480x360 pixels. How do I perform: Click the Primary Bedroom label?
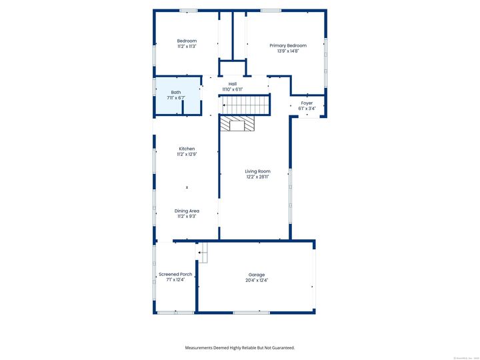click(287, 45)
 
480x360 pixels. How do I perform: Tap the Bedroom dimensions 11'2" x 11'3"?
click(187, 47)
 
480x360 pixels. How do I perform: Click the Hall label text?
click(232, 84)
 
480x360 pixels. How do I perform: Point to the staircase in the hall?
click(244, 105)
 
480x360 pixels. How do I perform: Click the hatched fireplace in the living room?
click(238, 124)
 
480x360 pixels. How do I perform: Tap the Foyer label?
click(307, 103)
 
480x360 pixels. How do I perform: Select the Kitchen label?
click(187, 148)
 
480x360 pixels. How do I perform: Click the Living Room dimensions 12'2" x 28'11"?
click(257, 177)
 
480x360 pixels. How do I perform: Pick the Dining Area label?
click(187, 211)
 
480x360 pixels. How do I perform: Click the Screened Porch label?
click(175, 274)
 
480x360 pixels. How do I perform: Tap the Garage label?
click(257, 275)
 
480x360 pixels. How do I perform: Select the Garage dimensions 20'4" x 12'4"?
click(257, 281)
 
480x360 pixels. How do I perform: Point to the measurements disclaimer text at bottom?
click(239, 347)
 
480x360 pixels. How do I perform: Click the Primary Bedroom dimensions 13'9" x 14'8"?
click(287, 51)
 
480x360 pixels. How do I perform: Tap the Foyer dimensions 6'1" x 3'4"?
click(307, 109)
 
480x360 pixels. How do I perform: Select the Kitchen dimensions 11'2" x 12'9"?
click(187, 154)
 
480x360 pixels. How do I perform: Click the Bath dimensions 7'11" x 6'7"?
click(175, 98)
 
